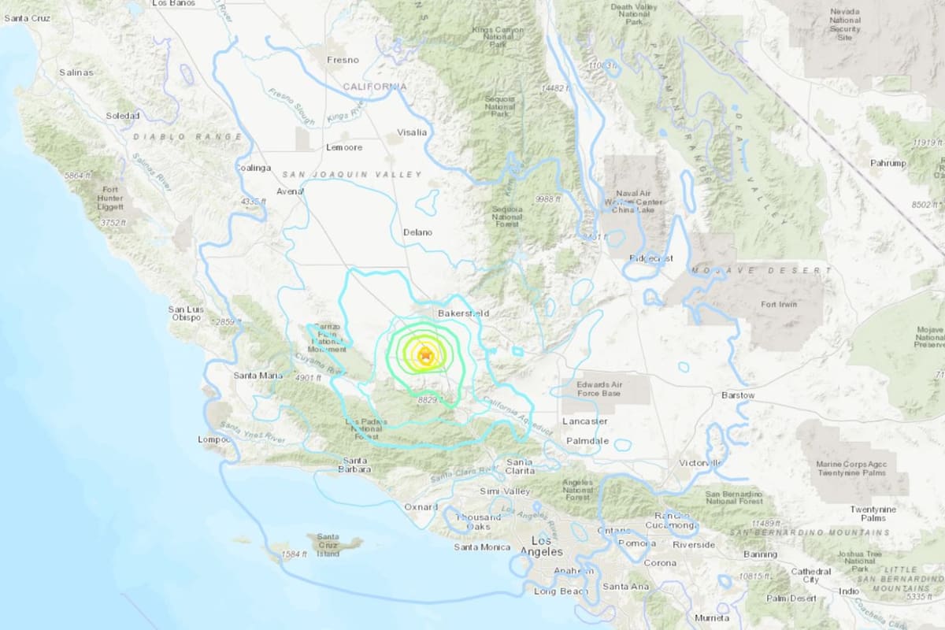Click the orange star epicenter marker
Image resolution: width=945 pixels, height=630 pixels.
coord(426,355)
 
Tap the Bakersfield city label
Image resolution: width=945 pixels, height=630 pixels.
coord(463,313)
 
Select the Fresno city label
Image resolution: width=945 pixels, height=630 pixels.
coord(343,60)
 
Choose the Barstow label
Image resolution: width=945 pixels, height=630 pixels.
coord(738,395)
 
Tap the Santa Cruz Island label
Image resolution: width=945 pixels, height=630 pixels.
coord(328,545)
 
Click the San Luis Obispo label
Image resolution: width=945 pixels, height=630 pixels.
coord(186,314)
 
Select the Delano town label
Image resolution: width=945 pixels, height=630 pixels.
coord(417,232)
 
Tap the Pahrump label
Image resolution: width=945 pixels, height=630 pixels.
coord(889,163)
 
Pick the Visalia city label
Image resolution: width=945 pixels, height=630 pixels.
coord(413,132)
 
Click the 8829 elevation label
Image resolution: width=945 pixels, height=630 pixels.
coord(430,400)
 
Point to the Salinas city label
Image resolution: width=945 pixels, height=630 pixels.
coord(76,72)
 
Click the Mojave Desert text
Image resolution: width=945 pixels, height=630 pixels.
coord(761,271)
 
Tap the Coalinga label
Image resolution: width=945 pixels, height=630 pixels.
coord(253,168)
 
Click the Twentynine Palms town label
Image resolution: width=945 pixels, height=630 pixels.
coord(873,513)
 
